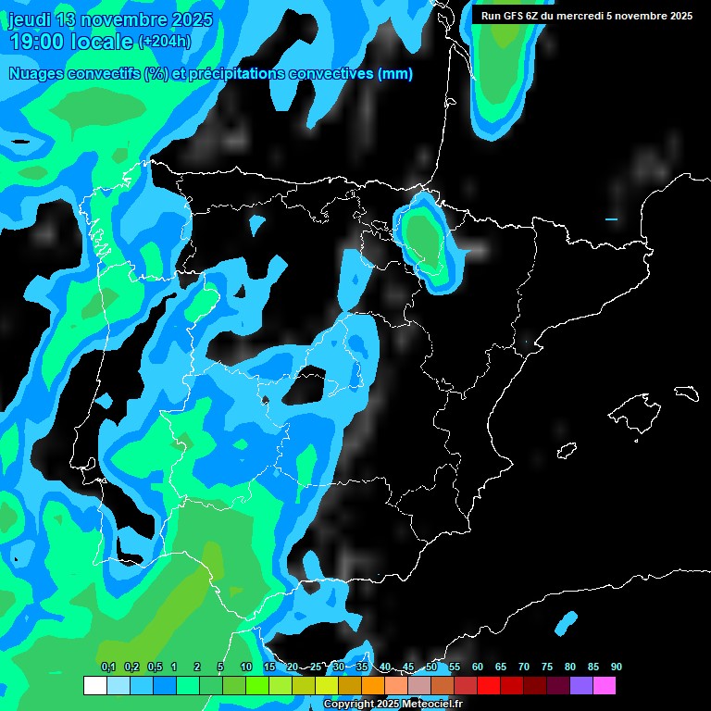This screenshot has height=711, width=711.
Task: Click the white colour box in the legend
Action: tap(94, 686)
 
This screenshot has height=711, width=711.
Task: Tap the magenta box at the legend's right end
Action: tap(605, 686)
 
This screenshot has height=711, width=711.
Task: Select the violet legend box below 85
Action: tap(581, 686)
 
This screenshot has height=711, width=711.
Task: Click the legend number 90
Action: tap(616, 667)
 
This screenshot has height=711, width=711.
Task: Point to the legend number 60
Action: tap(477, 667)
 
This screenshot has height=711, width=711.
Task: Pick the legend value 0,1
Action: tap(108, 667)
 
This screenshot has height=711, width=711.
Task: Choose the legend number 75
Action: tap(546, 667)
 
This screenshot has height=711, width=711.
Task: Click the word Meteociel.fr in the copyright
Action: tap(431, 705)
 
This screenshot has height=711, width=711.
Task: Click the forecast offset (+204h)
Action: tap(165, 42)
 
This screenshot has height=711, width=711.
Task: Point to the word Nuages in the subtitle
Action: tap(37, 74)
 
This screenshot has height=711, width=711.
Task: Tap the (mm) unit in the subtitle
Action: tap(395, 74)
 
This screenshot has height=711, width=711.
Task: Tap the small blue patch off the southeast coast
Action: tap(566, 622)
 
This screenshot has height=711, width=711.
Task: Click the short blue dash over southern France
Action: tap(611, 219)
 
